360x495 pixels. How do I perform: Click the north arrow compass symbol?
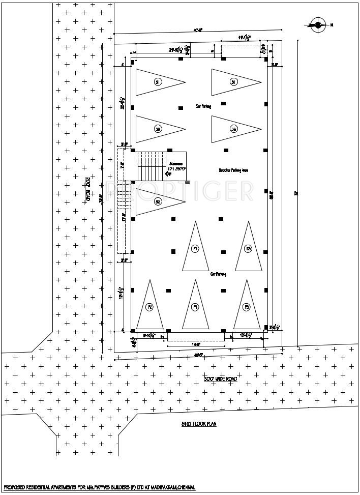coord(318,24)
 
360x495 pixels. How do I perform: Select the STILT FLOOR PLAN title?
coord(199,423)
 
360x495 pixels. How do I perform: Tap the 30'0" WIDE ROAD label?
coord(220,379)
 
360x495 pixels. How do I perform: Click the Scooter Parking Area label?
coord(233,170)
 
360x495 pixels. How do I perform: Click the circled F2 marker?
coord(150,307)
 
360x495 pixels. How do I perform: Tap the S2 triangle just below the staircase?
coord(157,202)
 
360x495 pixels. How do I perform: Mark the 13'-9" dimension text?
coord(195,344)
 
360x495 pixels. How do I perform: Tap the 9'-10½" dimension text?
coord(149,336)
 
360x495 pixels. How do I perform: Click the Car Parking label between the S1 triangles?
coord(203,107)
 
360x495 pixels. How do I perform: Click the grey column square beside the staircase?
coord(187,182)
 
